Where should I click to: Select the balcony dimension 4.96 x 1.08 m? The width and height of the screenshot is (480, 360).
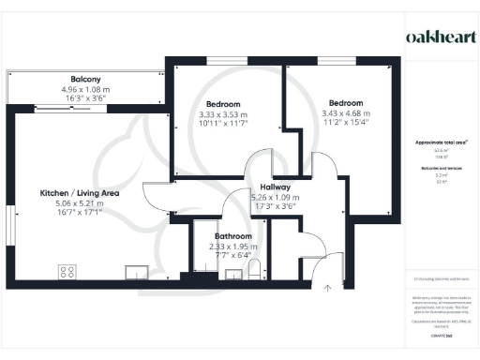coord(85,89)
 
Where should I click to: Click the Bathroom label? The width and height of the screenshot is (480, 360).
coord(232,236)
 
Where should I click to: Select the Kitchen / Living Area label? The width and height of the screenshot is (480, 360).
coord(78,192)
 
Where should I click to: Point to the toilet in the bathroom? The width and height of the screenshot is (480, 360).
coord(256,271)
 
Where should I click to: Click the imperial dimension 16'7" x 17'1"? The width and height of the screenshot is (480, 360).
coord(78,212)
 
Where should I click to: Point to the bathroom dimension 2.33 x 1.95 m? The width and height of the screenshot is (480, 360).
coord(232,247)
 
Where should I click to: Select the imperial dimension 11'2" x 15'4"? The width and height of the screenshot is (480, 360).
coord(345,122)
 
